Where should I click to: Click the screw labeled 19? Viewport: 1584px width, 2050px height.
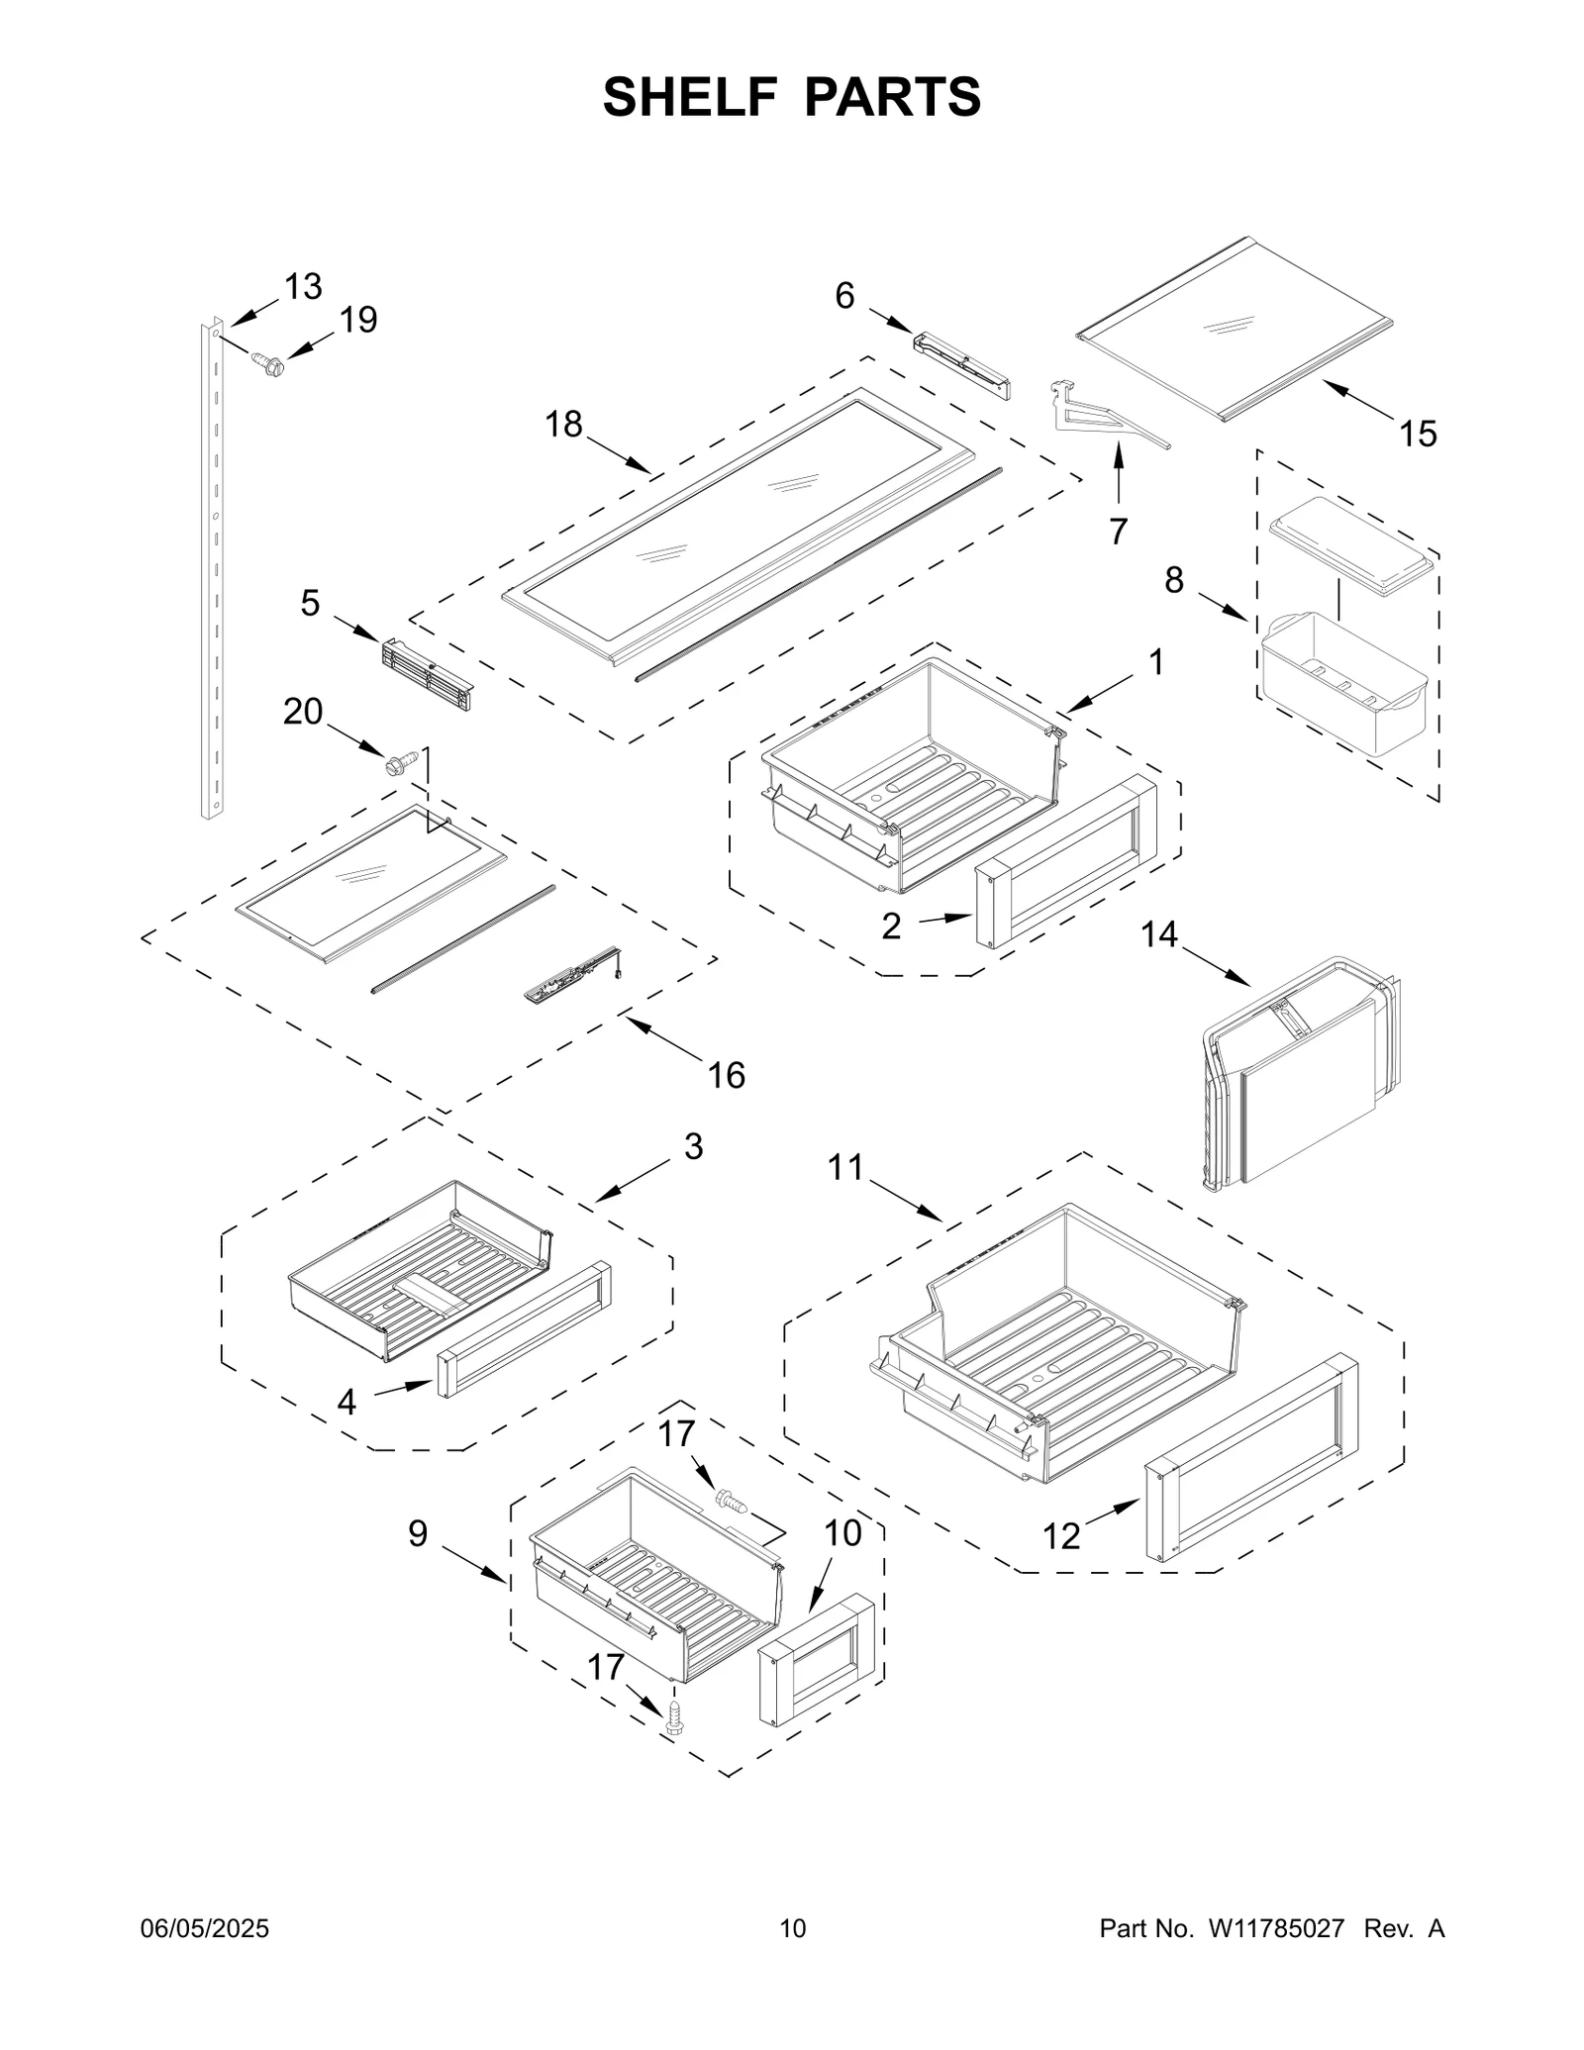click(268, 364)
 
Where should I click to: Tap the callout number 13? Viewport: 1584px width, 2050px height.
click(303, 287)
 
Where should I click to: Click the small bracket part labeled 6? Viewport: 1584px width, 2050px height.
click(960, 366)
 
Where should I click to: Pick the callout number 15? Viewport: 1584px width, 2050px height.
click(1418, 434)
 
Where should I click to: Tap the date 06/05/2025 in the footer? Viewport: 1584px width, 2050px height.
click(206, 1928)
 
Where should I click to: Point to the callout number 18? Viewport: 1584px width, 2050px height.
click(564, 425)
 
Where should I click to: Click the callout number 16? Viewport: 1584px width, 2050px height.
click(727, 1075)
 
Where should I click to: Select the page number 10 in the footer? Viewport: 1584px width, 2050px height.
click(792, 1928)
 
